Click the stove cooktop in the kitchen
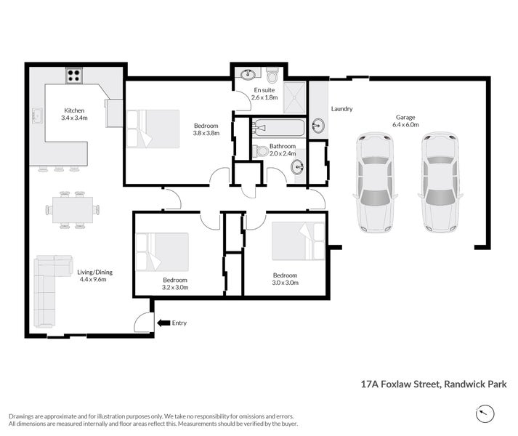pos(74,73)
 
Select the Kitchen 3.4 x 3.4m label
pos(73,114)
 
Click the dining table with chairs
pos(72,210)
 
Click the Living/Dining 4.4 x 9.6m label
pos(95,275)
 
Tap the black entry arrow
pos(163,323)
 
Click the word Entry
pos(179,323)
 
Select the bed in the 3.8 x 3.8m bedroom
pos(153,129)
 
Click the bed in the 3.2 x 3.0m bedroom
pos(162,251)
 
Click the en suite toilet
pos(272,76)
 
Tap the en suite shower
pos(294,99)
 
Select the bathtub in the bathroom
pos(278,129)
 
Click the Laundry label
pos(341,109)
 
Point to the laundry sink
pos(318,126)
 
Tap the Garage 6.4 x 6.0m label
pos(407,121)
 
